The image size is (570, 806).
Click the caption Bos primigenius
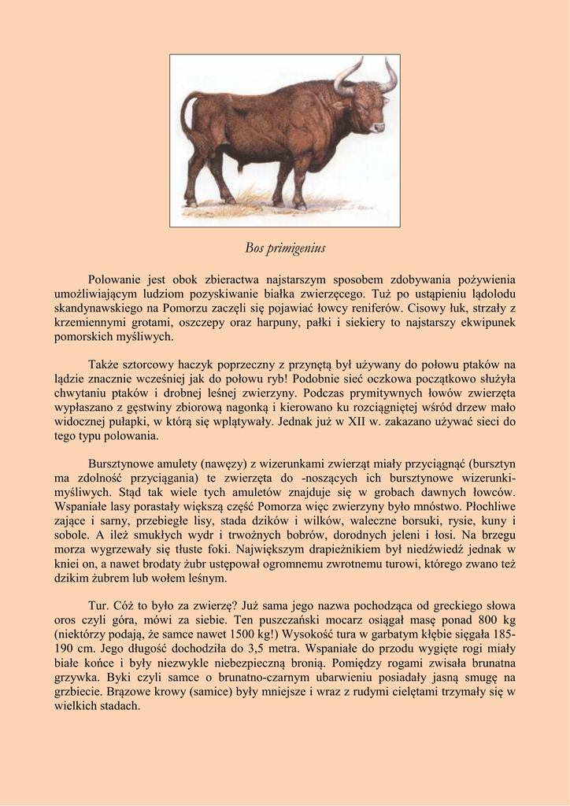point(284,249)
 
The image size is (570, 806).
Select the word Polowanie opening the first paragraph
point(115,279)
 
